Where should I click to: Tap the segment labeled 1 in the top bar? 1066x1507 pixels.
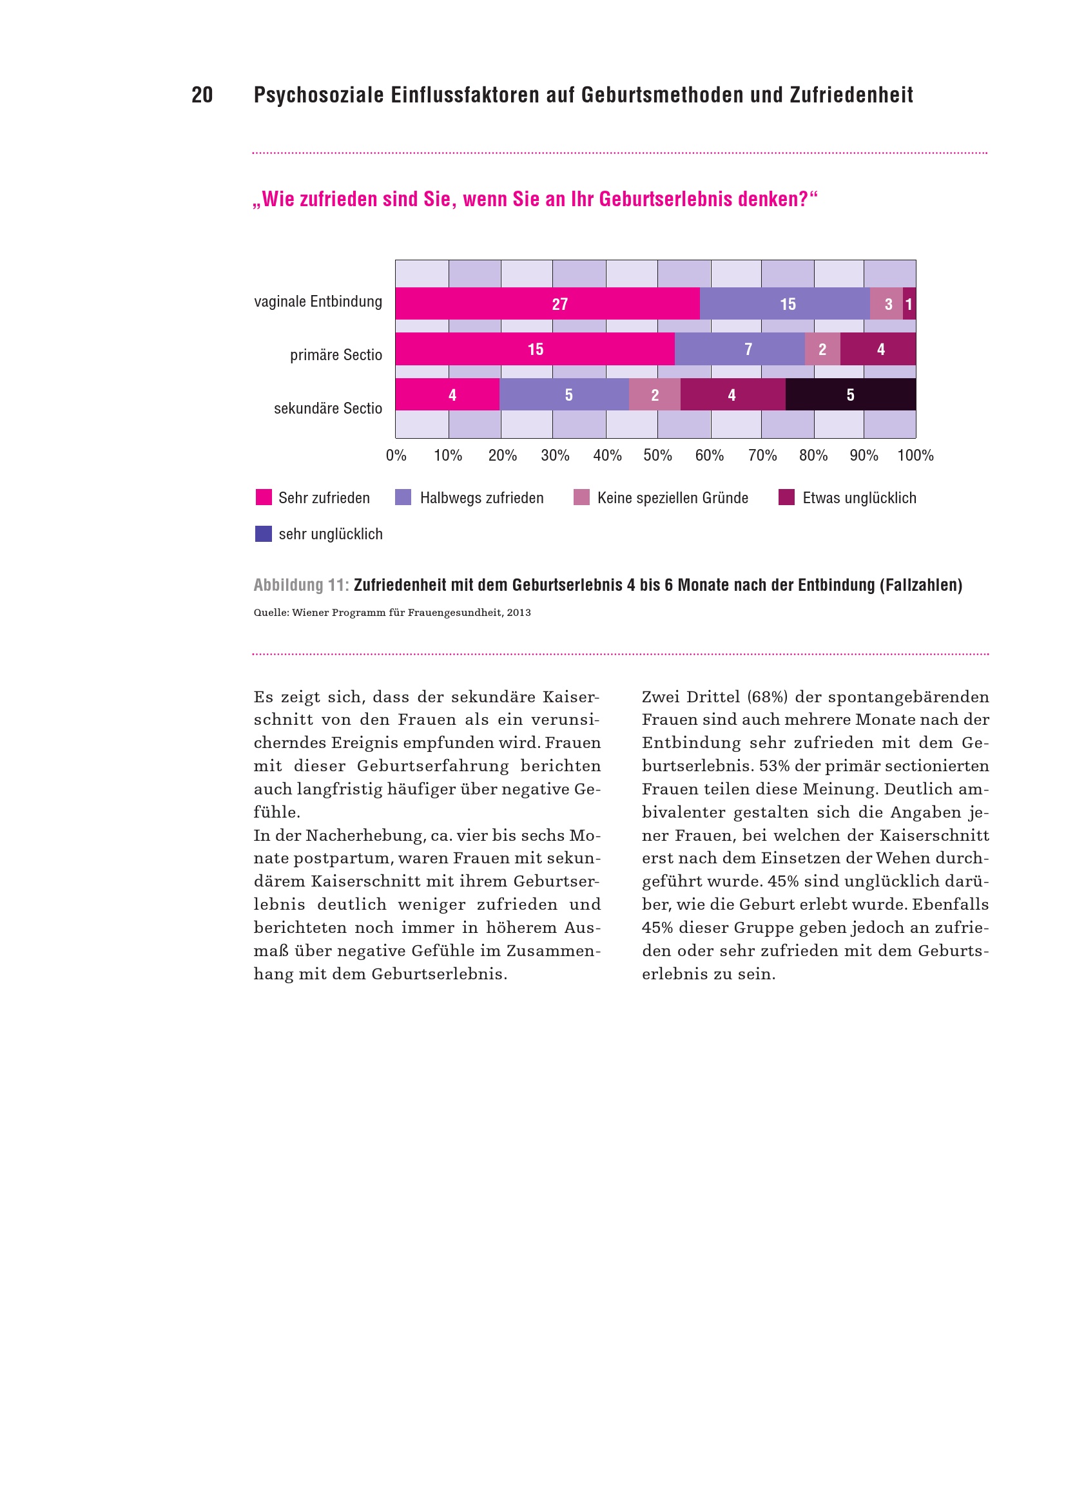click(909, 304)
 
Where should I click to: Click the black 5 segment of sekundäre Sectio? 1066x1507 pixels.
click(850, 394)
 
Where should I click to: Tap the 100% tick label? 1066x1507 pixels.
click(915, 456)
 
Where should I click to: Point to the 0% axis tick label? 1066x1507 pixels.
click(396, 456)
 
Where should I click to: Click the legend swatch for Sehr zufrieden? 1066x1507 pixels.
click(263, 497)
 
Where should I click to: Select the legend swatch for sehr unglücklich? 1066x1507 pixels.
click(263, 533)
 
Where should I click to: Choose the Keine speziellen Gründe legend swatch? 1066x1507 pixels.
click(581, 497)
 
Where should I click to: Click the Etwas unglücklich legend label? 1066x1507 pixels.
click(858, 498)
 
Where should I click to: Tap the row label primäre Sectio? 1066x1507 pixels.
click(335, 355)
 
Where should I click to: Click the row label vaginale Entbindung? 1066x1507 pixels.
click(318, 302)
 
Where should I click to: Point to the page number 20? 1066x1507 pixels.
click(202, 95)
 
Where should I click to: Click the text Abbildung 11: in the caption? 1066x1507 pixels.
click(301, 585)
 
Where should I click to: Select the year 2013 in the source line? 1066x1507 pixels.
click(519, 612)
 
